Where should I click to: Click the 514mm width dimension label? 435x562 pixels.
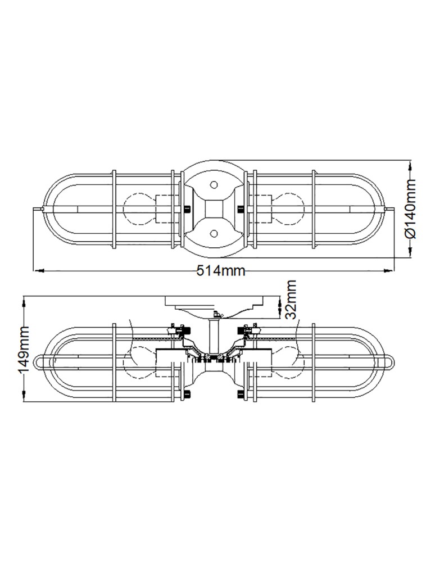click(x=221, y=271)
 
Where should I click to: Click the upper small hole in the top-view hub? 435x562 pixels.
click(x=214, y=185)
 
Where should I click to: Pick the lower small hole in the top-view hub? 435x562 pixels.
click(x=214, y=232)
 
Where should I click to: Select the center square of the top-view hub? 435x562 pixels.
click(x=214, y=209)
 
